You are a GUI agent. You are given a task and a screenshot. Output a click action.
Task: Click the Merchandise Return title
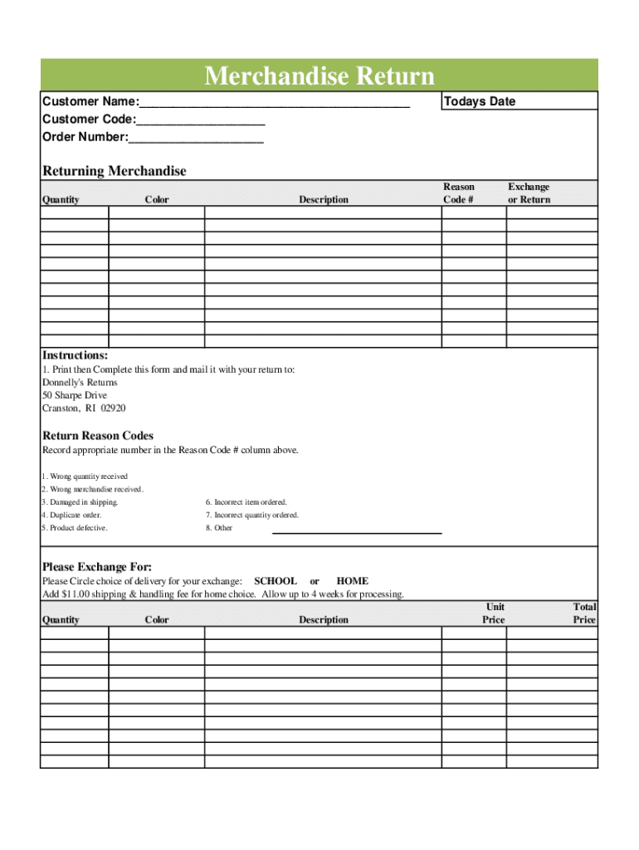[x=319, y=76]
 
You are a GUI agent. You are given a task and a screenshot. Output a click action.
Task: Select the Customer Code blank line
[x=201, y=122]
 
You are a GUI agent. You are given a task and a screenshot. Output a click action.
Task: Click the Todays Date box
[x=518, y=101]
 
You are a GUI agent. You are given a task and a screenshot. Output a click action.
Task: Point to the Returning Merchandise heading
[x=115, y=171]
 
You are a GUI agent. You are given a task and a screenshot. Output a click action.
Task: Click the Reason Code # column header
[x=459, y=193]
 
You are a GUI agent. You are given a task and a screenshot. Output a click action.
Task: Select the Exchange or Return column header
[x=529, y=193]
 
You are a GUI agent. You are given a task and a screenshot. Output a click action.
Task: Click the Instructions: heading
[x=75, y=355]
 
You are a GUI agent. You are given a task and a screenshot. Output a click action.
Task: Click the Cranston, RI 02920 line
[x=84, y=408]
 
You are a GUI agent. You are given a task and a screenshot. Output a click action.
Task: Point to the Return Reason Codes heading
[x=98, y=436]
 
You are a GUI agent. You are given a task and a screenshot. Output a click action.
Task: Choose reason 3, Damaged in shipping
[x=80, y=502]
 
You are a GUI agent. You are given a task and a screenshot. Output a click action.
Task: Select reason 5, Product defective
[x=75, y=528]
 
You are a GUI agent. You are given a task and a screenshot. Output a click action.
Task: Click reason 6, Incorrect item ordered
[x=246, y=502]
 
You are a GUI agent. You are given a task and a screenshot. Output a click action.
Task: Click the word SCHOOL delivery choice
[x=275, y=581]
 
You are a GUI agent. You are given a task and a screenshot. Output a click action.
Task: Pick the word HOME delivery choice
[x=353, y=581]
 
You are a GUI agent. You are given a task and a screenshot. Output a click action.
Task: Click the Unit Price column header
[x=494, y=613]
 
